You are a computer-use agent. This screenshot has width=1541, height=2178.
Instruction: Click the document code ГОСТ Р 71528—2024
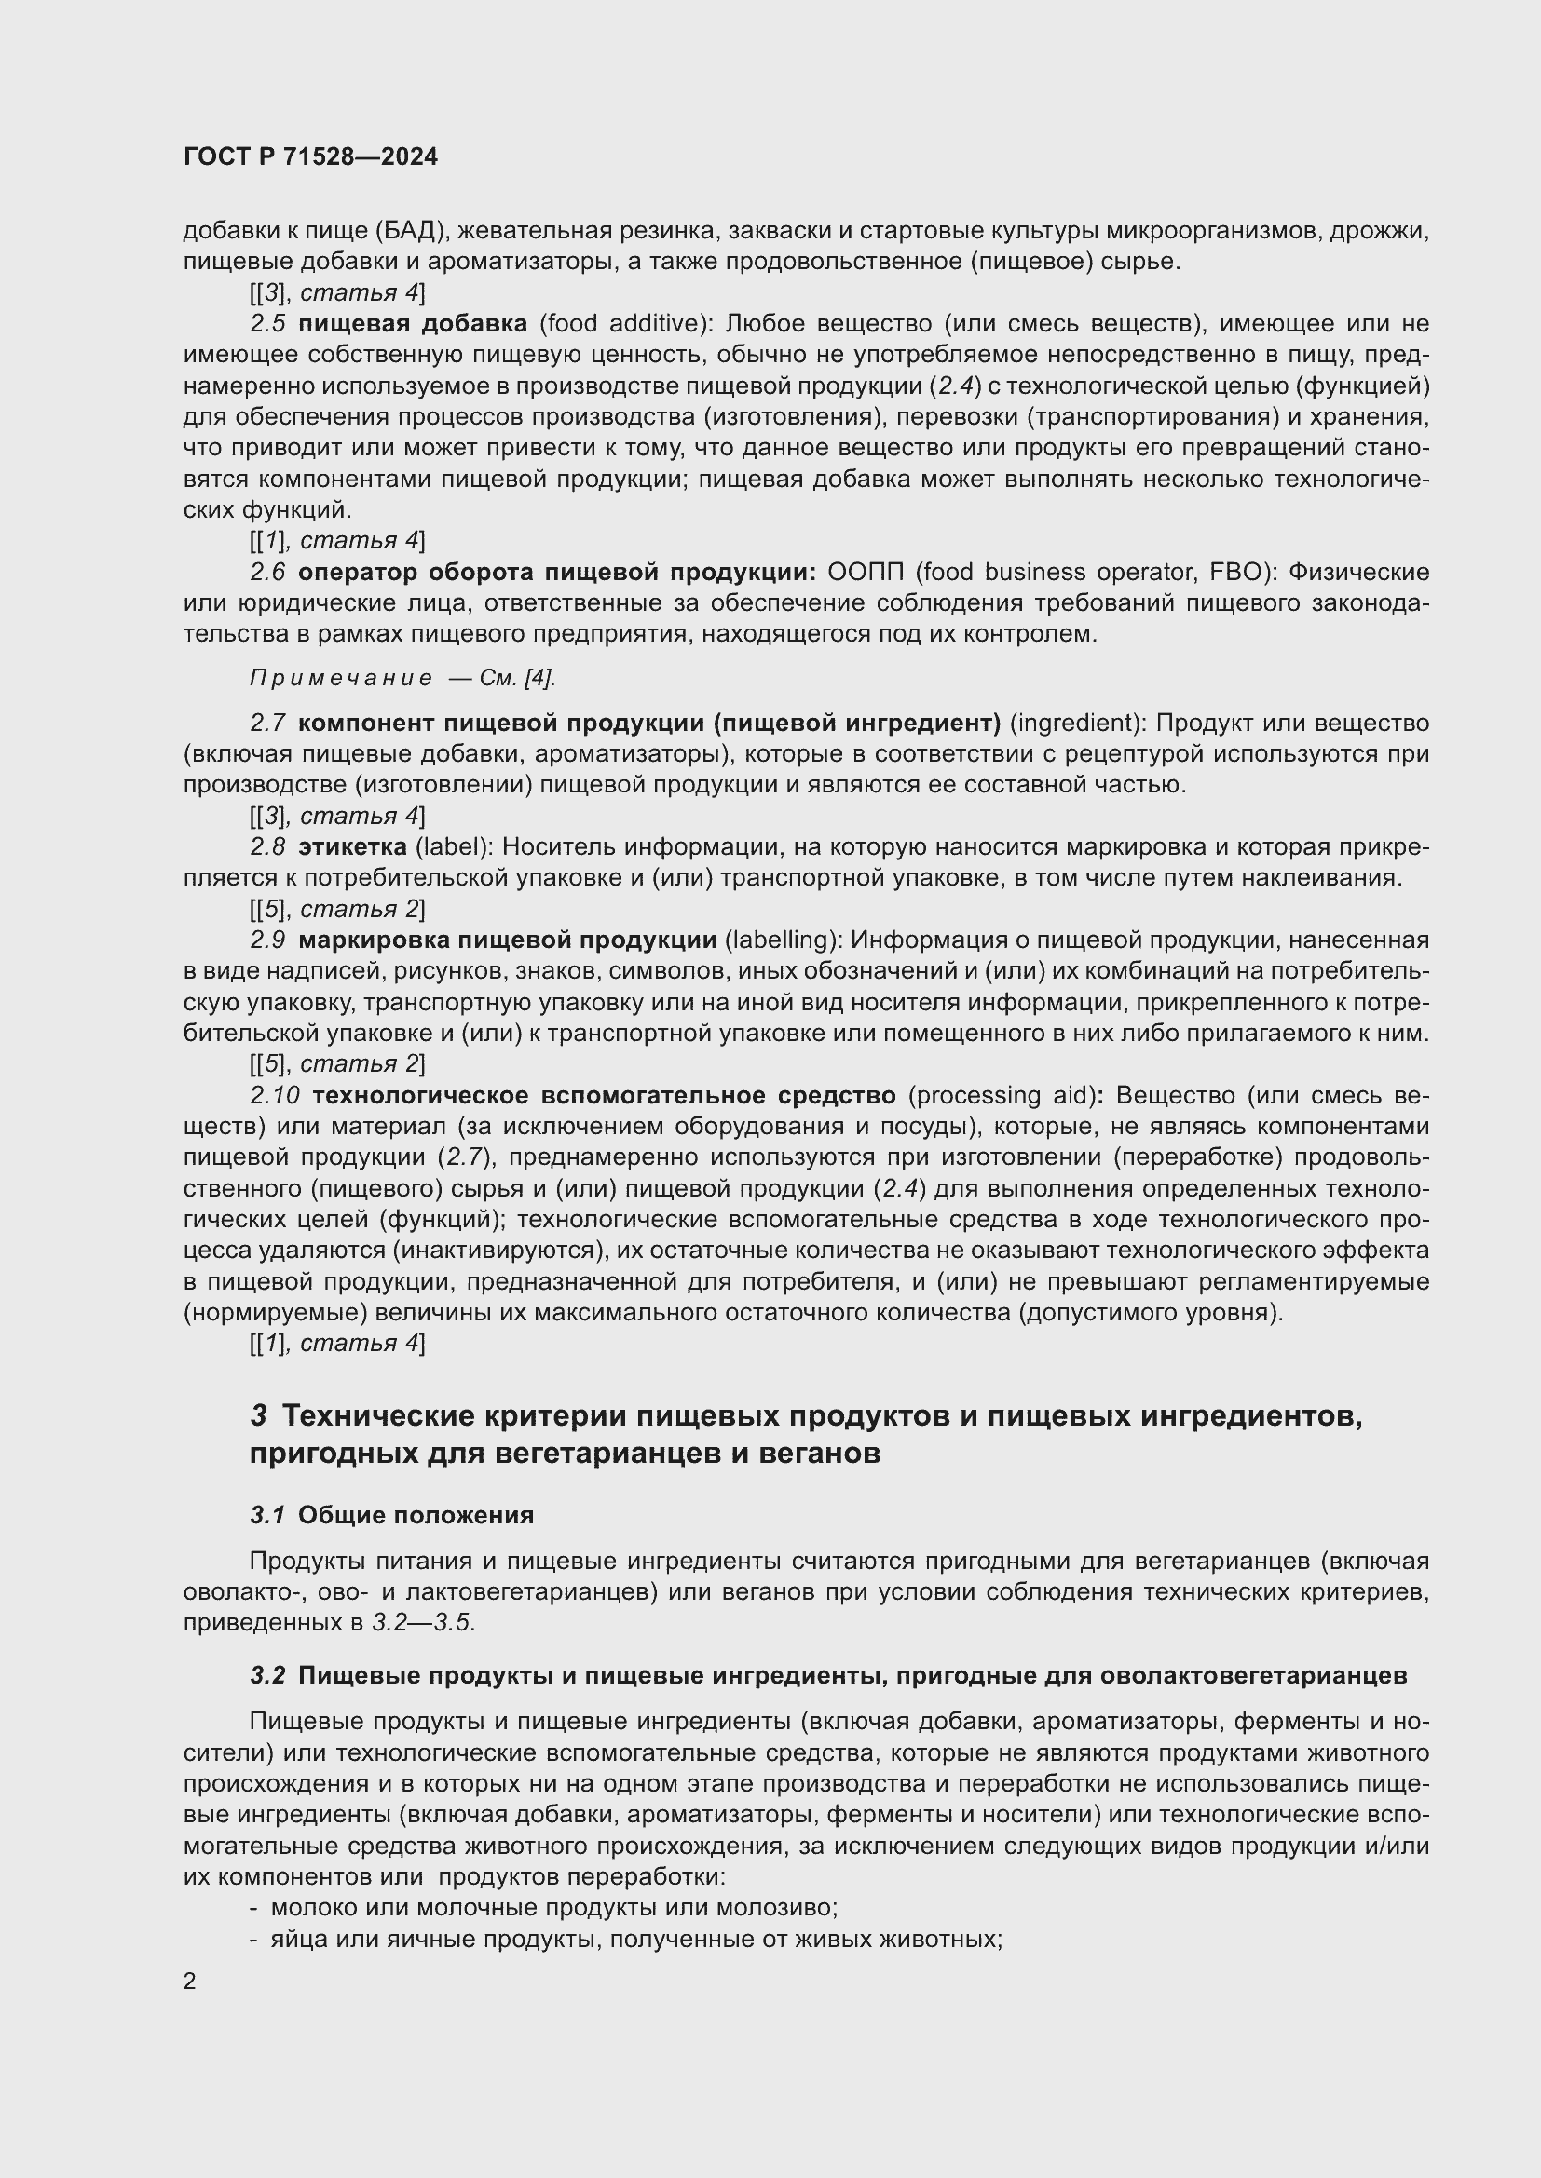[x=310, y=157]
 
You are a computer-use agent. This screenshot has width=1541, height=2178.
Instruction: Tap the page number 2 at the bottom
[x=190, y=1981]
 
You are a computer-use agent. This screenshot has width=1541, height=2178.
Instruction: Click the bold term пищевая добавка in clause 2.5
[x=413, y=324]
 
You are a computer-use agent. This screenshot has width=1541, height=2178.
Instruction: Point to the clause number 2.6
[x=267, y=572]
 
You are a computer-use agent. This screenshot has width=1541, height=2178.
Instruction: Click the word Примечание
[x=341, y=678]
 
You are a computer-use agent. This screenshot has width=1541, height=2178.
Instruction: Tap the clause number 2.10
[x=275, y=1096]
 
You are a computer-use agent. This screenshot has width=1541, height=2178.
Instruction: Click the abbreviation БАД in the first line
[x=411, y=232]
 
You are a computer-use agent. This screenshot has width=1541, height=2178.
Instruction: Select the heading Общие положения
[x=416, y=1515]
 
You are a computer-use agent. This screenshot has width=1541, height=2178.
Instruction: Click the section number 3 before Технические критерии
[x=258, y=1417]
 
